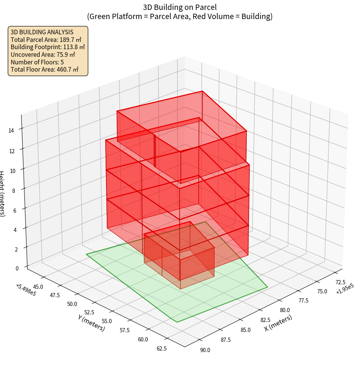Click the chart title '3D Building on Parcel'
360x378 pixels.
point(180,7)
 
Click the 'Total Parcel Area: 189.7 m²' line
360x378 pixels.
point(46,39)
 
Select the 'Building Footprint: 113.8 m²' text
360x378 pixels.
point(48,47)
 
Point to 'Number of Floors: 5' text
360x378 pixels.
point(37,62)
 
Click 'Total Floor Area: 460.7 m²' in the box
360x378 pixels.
point(45,69)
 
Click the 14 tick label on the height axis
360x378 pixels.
point(11,131)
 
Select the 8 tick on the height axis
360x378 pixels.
point(13,190)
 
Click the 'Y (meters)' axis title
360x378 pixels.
point(92,323)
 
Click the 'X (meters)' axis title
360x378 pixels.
point(278,323)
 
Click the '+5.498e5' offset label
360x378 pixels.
point(26,290)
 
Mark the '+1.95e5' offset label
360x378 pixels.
point(345,289)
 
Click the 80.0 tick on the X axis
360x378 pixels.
point(284,311)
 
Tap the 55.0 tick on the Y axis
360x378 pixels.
point(107,321)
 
